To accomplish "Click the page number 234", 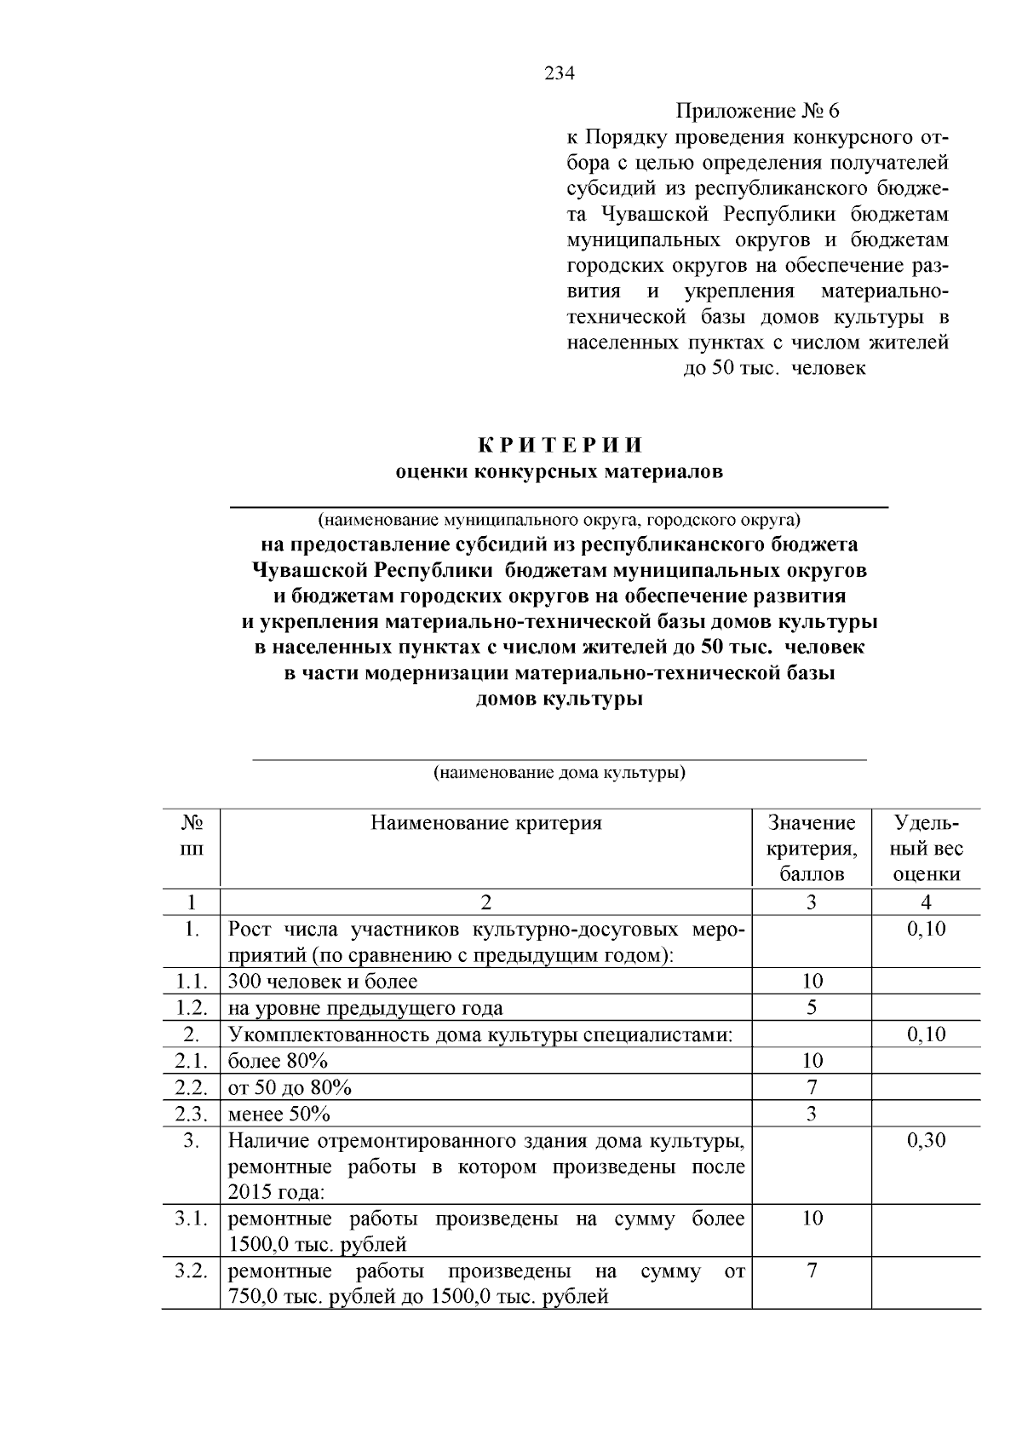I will point(560,73).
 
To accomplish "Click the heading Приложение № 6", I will point(757,112).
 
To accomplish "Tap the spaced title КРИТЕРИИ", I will point(560,446).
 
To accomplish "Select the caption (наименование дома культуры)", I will point(560,774).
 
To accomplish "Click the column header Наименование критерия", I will point(485,823).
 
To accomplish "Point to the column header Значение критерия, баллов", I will point(812,849).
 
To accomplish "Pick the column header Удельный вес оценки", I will point(927,849).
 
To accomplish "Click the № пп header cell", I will point(192,836).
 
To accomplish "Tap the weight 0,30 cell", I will point(927,1141).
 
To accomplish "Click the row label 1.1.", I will point(192,982).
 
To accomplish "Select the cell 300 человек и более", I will point(322,982).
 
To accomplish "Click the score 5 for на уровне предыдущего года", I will point(812,1008).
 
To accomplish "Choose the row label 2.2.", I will point(192,1088).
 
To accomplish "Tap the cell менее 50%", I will point(279,1115).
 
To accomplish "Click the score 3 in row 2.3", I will point(812,1115).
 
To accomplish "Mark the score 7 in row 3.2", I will point(812,1272).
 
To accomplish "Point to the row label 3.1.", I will point(192,1219).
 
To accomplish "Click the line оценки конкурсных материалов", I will point(560,472).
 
